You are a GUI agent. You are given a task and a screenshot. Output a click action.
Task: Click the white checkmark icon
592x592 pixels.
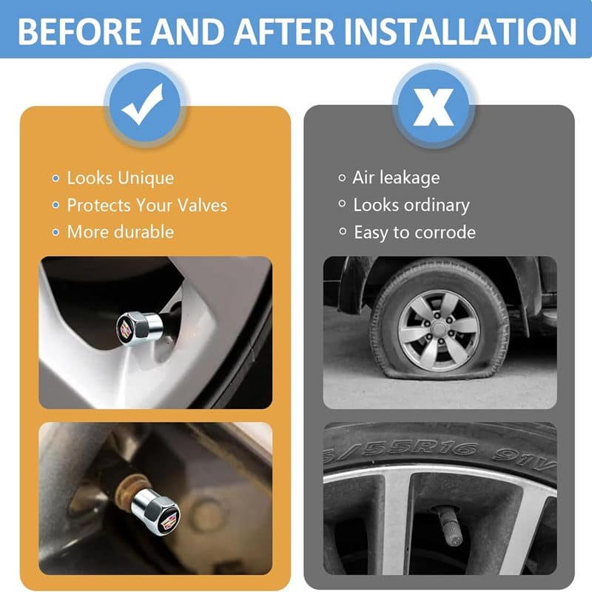[142, 104]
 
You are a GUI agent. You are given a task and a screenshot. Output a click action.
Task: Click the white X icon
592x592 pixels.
[434, 107]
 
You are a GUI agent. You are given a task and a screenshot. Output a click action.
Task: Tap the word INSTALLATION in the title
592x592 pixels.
[460, 31]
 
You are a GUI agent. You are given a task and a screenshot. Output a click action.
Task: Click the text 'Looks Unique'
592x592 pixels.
[121, 178]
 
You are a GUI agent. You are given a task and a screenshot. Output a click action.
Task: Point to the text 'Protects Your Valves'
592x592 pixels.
[147, 205]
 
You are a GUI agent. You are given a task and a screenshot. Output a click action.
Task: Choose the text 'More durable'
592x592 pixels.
[121, 232]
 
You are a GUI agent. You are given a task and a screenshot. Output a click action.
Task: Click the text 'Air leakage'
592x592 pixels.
[396, 178]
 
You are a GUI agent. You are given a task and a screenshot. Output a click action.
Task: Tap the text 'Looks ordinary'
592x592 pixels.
[411, 206]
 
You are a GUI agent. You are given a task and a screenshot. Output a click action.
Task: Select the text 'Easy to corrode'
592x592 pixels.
[415, 232]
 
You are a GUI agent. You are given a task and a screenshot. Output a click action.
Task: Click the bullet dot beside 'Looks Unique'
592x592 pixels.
[56, 178]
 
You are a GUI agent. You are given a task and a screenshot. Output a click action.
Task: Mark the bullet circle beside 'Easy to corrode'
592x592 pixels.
[343, 231]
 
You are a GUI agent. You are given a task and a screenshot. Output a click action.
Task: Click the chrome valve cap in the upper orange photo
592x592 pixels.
[140, 328]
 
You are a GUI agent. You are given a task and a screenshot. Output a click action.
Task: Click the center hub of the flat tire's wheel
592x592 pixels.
[439, 329]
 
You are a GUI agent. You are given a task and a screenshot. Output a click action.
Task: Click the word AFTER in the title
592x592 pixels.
[284, 31]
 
